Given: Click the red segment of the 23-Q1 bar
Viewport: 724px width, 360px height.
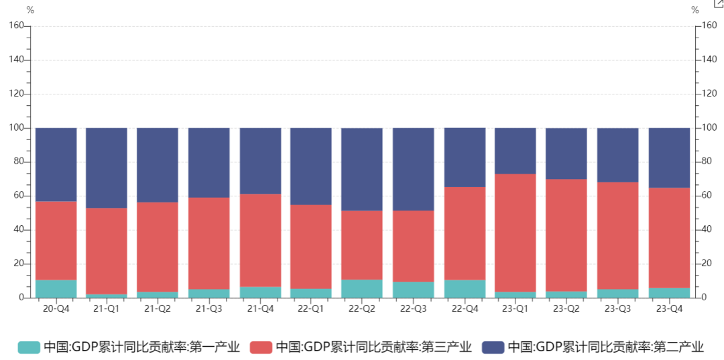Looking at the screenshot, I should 516,233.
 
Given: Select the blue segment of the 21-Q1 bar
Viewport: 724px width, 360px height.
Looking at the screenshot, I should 107,168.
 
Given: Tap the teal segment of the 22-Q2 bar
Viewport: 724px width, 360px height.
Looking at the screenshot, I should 362,288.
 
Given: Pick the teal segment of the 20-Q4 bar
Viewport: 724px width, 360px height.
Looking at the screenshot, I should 56,288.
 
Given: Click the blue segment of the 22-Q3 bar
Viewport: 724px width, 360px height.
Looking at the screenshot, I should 413,169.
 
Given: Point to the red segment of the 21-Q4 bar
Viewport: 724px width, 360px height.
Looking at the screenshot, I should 260,240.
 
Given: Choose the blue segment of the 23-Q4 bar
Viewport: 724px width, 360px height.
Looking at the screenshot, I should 669,158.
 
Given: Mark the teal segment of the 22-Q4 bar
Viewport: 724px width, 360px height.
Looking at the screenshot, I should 465,288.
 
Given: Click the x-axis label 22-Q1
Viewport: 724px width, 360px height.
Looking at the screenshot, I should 311,309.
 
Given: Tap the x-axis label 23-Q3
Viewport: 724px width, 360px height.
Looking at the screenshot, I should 618,309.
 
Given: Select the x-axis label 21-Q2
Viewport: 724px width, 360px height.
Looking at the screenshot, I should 158,309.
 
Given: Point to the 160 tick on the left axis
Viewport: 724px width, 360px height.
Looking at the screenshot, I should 17,25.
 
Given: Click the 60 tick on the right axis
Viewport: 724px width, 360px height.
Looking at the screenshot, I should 707,196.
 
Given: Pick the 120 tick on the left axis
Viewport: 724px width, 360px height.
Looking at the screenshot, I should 17,94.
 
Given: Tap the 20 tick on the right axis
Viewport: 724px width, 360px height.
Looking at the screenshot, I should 707,263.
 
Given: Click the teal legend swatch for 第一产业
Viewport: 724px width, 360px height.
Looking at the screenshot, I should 29,347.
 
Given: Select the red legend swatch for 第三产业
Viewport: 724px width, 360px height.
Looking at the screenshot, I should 261,347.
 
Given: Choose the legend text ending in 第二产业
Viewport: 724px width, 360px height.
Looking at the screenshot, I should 605,347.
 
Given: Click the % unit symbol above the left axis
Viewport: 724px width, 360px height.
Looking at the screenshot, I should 30,10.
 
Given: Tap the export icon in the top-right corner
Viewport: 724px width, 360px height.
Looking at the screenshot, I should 718,3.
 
